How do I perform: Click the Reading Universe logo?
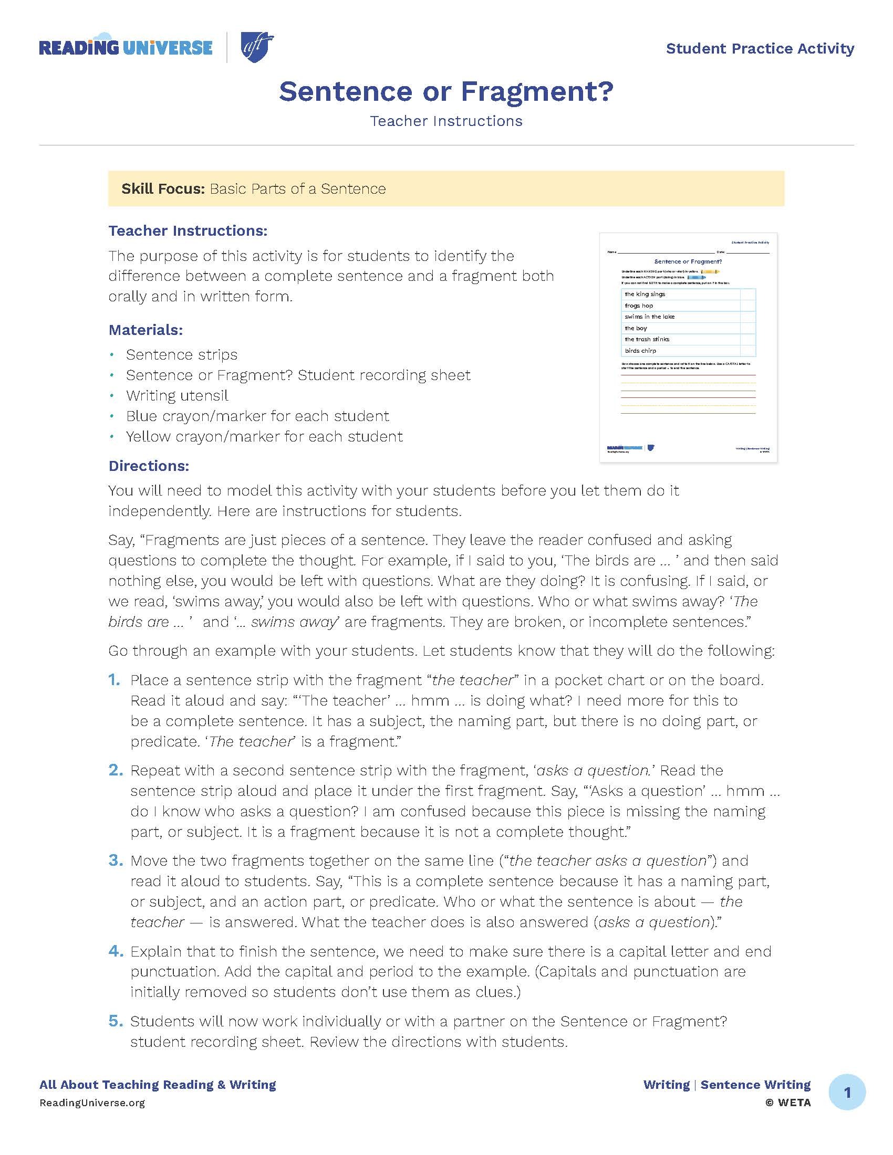tap(126, 48)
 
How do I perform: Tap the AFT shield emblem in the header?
tap(257, 47)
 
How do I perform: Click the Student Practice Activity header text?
tap(760, 49)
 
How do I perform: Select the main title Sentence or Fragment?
tap(446, 91)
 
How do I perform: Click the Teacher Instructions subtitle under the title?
tap(446, 121)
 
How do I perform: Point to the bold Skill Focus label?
tap(162, 189)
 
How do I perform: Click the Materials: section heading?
tap(146, 330)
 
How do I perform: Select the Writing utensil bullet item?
tap(176, 395)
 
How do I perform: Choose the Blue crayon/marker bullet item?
tap(257, 416)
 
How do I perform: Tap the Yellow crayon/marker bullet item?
tap(264, 437)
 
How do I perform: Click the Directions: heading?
tap(149, 466)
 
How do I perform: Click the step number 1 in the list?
tap(115, 680)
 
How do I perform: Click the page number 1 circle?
tap(847, 1092)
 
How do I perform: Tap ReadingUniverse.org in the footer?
tap(92, 1103)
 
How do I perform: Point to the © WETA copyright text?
tap(788, 1103)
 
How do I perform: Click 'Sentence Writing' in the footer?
tap(755, 1085)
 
